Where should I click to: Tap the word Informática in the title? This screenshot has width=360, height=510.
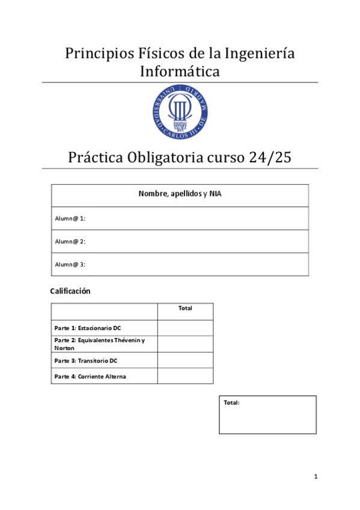(180, 72)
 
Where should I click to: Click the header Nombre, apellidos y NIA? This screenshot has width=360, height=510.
(180, 194)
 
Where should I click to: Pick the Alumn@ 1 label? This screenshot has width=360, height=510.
(70, 218)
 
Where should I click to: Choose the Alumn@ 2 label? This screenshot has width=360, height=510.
(70, 241)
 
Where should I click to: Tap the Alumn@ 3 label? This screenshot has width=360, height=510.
(70, 264)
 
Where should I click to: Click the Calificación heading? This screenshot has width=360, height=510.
(70, 291)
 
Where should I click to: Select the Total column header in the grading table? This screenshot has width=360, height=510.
(185, 309)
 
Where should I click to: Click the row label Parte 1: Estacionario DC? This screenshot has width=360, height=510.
(88, 328)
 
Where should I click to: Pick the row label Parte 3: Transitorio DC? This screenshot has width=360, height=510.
(86, 360)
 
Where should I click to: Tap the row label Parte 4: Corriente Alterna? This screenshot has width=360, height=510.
(90, 376)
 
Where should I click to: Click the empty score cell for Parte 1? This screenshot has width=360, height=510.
(185, 328)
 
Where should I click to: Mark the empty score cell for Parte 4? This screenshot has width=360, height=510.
(185, 376)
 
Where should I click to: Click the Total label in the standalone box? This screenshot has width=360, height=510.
(232, 402)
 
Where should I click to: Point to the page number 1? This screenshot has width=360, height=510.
(316, 477)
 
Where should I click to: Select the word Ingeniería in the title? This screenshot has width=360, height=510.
(259, 54)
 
